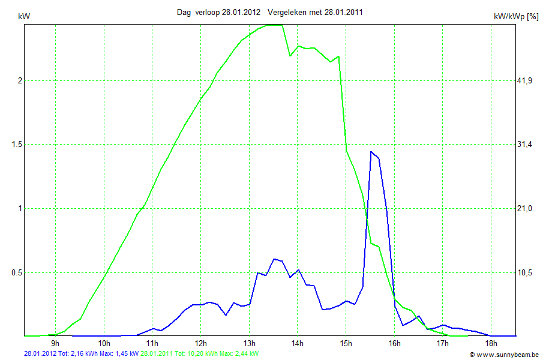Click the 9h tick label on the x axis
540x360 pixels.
coord(55,344)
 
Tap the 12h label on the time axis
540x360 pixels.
coord(200,344)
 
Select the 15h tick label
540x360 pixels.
coord(346,344)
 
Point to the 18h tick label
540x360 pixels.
coord(491,344)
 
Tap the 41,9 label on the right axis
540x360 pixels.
coord(525,81)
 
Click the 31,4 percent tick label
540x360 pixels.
coord(525,145)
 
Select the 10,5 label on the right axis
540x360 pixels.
coord(525,272)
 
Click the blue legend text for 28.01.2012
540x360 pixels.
coord(81,354)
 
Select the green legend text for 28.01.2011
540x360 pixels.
coord(200,354)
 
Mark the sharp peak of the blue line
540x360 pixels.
coord(371,152)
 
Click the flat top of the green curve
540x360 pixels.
coord(273,25)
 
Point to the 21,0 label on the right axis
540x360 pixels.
coord(525,208)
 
